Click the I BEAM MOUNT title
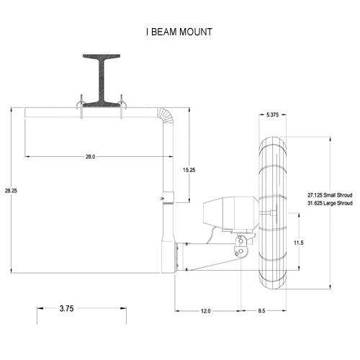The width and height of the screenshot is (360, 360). [179, 32]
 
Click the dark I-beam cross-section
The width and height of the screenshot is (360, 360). [102, 81]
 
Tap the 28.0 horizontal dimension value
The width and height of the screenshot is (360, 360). [91, 157]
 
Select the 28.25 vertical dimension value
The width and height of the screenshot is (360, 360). [11, 191]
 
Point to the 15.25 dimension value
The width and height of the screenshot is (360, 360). [189, 170]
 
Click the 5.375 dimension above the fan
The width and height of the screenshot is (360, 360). [273, 114]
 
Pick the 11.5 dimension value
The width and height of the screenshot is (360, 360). [299, 243]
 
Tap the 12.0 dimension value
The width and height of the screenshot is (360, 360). [206, 311]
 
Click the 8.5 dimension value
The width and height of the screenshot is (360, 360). [261, 311]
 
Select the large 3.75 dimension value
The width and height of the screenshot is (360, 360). [66, 308]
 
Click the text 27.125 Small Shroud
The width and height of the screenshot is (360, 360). [330, 195]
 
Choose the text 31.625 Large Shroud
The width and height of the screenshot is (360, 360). [330, 203]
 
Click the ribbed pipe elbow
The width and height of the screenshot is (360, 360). [166, 115]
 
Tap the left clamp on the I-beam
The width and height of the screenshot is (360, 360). [81, 106]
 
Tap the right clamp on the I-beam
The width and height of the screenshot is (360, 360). [122, 106]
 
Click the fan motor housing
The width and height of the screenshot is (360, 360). [230, 214]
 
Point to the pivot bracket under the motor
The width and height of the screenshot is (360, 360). [240, 246]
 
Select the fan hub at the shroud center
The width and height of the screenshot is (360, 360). [274, 212]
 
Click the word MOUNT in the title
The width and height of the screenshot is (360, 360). [196, 32]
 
